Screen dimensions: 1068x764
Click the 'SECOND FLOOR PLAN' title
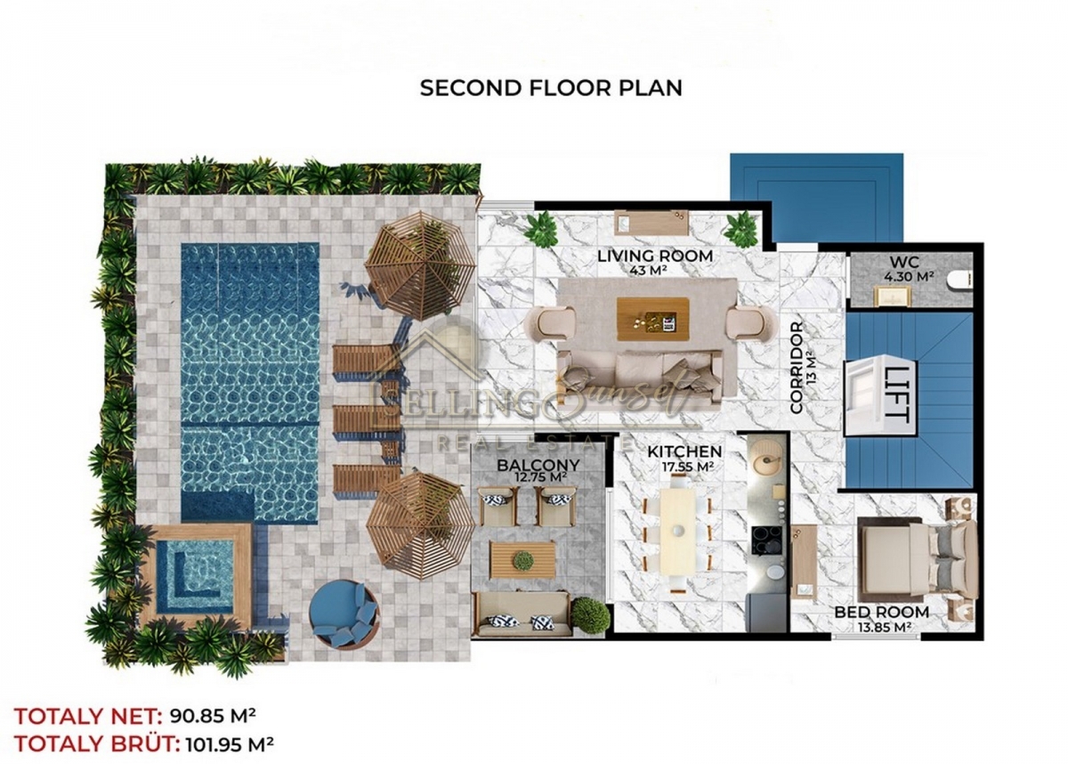tap(551, 88)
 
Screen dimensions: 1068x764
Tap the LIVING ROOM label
tap(655, 256)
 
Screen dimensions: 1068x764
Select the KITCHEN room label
tap(684, 451)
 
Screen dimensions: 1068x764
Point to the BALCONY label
tap(538, 465)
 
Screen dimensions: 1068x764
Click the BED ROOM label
tap(882, 612)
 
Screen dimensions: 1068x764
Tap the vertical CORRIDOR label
tap(797, 368)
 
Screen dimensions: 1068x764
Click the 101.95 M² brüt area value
tap(230, 744)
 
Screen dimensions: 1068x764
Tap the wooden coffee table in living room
tap(652, 319)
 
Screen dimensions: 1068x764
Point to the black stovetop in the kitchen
tap(767, 540)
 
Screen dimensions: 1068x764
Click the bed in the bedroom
tap(918, 560)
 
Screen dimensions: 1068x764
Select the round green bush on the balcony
tap(590, 614)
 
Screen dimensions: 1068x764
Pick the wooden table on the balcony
tap(522, 559)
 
